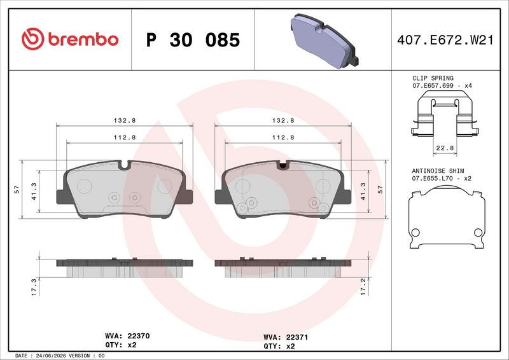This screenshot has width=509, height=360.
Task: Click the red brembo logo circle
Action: (x=33, y=39)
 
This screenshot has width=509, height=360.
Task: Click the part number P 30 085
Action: (x=193, y=40)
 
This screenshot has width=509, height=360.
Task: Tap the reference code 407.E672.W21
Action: (x=445, y=40)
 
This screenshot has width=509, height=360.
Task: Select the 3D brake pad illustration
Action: (x=324, y=41)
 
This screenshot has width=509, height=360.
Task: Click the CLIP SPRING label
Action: (x=433, y=78)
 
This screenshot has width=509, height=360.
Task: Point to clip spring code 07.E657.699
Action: (x=433, y=86)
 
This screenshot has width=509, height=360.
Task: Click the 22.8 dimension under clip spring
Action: (x=445, y=148)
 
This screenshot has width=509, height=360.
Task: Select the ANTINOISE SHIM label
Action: (x=438, y=170)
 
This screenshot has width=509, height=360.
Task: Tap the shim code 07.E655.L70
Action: (x=433, y=179)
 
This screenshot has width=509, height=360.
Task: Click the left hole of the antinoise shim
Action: (x=415, y=232)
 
